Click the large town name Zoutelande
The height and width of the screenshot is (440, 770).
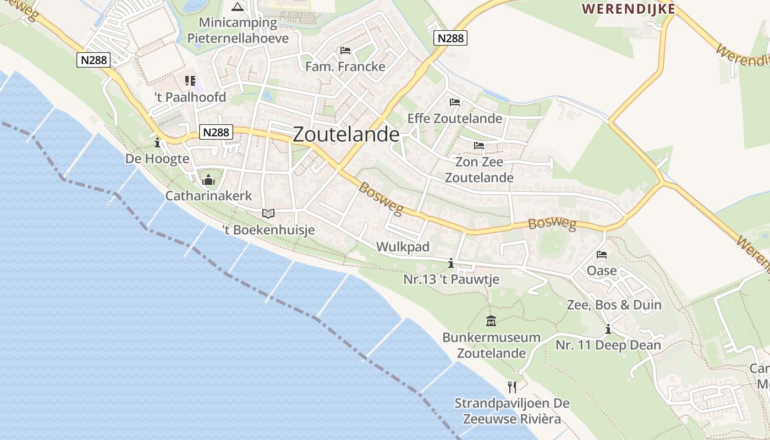click(x=346, y=135)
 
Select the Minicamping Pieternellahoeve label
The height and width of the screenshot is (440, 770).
click(x=238, y=30)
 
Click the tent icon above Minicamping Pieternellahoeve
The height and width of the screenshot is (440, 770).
click(x=238, y=7)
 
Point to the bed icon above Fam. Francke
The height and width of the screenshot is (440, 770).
click(x=345, y=51)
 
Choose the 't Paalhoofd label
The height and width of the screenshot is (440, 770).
click(x=190, y=97)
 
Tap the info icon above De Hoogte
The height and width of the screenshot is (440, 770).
click(x=157, y=143)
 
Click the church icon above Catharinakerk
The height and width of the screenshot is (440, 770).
click(x=208, y=180)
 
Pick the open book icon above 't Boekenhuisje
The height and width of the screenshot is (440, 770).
click(x=268, y=213)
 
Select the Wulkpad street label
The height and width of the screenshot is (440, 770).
click(x=403, y=247)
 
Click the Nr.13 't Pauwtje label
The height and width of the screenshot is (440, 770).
click(x=451, y=279)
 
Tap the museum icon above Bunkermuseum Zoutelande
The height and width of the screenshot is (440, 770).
click(x=491, y=321)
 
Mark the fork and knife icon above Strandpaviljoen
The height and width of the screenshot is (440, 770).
click(x=512, y=387)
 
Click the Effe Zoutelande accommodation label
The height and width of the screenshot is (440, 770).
click(x=454, y=119)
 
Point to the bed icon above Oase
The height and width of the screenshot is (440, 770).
click(x=602, y=255)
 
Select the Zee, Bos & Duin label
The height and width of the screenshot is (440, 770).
click(x=614, y=305)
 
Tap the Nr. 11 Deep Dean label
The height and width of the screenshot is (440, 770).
click(x=608, y=345)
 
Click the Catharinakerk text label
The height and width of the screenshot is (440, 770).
click(x=208, y=196)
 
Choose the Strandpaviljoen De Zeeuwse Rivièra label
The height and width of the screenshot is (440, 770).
click(x=512, y=411)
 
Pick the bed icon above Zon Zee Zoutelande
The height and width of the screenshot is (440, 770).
click(x=479, y=146)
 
